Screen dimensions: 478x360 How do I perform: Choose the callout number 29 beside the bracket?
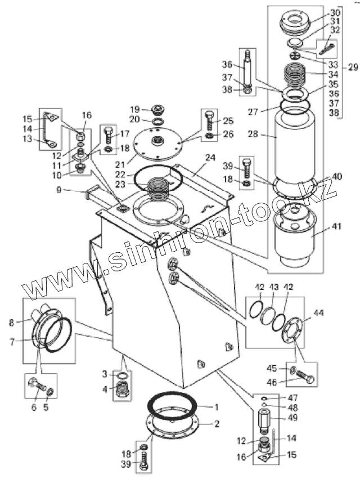pos(353,67)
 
